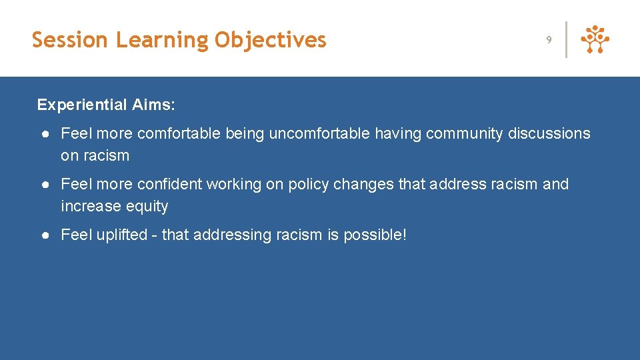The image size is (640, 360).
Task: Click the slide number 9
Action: [x=549, y=40]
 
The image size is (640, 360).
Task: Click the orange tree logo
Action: [x=595, y=40]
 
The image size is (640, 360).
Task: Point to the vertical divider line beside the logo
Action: [x=566, y=40]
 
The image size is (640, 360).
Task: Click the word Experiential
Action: [x=81, y=105]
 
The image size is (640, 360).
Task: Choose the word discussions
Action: [x=549, y=134]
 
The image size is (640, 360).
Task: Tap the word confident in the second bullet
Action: [x=169, y=184]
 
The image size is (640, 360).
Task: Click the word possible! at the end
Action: [x=375, y=235]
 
